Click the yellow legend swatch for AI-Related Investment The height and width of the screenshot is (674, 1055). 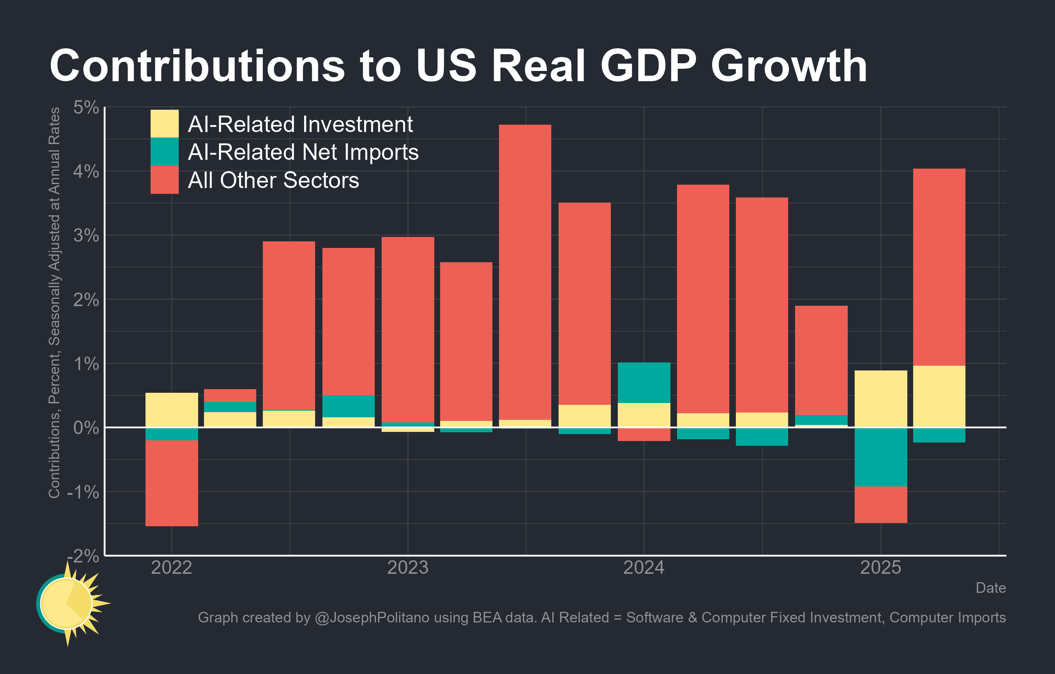pos(164,124)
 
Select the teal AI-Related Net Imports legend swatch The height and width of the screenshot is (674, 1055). pos(164,152)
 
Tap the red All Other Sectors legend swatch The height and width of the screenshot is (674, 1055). pos(164,180)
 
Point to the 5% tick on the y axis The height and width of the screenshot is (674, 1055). pos(86,108)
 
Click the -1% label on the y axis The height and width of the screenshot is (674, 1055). pos(83,492)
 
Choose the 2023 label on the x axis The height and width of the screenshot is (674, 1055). pos(408,568)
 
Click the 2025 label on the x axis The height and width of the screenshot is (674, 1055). pos(881,568)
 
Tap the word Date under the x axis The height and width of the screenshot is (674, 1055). pos(990,588)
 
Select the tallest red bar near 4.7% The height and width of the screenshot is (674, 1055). pos(525,272)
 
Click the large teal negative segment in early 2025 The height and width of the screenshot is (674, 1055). pos(881,457)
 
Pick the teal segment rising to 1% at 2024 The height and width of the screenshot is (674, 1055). pos(644,383)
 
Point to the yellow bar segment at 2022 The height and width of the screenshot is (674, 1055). pos(171,410)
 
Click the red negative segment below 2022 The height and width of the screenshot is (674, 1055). pos(171,483)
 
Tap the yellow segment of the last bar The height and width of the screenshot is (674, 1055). pos(939,396)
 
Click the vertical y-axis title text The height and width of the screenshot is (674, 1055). pos(54,302)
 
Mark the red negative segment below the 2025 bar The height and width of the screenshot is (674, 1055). pos(881,504)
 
